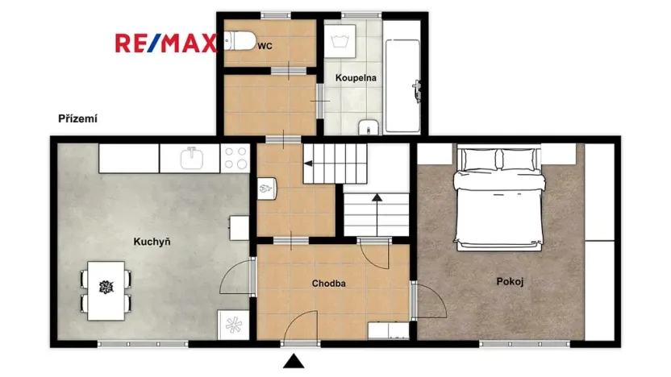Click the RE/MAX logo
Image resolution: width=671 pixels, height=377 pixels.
tap(165, 43)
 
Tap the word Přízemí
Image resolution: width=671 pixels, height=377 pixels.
tap(77, 118)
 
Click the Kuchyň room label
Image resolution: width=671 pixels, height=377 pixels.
tap(152, 241)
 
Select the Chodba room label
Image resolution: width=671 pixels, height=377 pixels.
tap(329, 284)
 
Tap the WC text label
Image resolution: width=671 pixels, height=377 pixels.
tap(265, 47)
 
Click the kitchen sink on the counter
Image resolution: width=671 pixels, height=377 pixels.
tap(192, 158)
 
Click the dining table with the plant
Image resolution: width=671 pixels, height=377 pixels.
tap(105, 287)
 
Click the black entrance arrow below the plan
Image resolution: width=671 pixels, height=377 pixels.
tap(295, 362)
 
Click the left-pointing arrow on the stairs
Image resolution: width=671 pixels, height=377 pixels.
tap(323, 163)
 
